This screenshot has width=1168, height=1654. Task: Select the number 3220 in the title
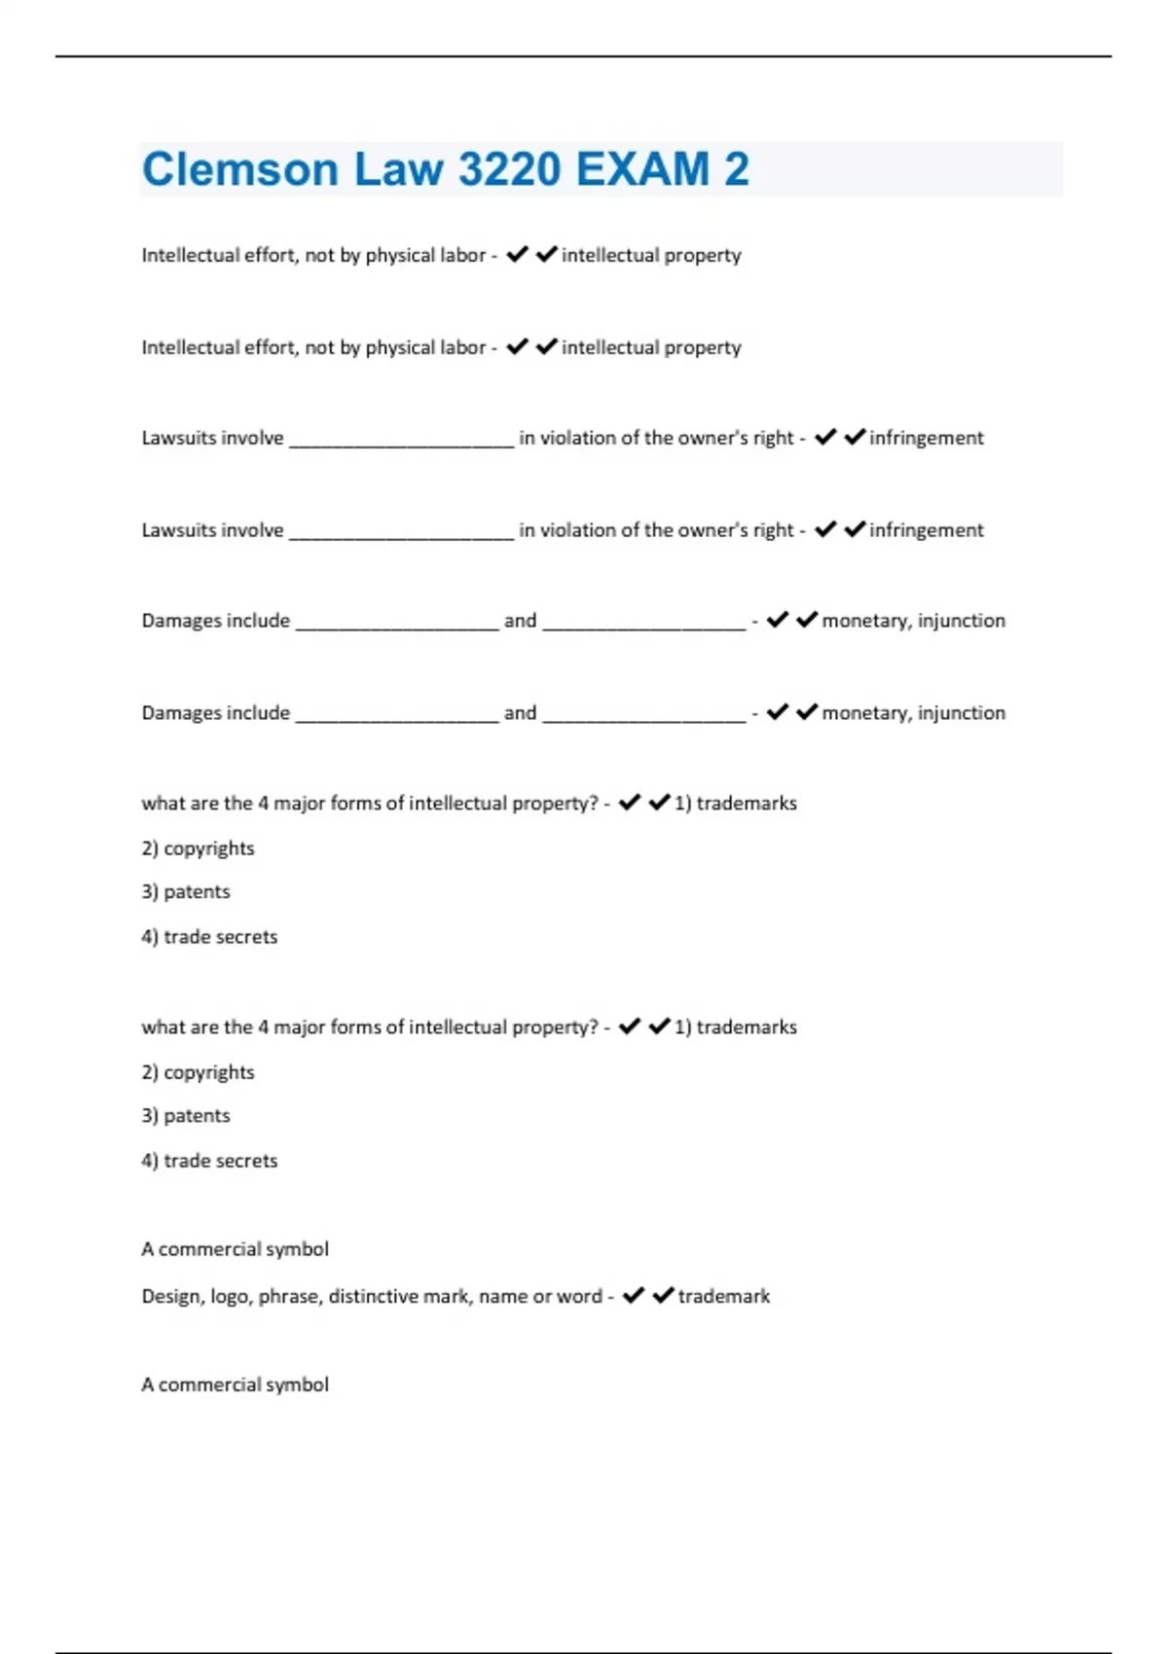tap(509, 169)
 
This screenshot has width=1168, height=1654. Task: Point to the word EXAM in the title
tap(643, 169)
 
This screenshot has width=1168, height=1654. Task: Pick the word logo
tap(230, 1297)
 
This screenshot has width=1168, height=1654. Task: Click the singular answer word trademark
tap(723, 1297)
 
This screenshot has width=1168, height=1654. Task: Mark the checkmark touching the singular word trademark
tap(663, 1295)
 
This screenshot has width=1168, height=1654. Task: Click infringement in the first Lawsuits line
tap(926, 439)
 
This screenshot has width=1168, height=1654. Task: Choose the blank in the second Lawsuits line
tap(401, 531)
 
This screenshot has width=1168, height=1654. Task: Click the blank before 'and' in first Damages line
tap(396, 622)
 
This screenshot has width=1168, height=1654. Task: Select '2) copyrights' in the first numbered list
tap(198, 848)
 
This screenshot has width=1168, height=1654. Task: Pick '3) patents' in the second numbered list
tap(186, 1116)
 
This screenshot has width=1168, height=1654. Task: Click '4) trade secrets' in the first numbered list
tap(209, 937)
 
